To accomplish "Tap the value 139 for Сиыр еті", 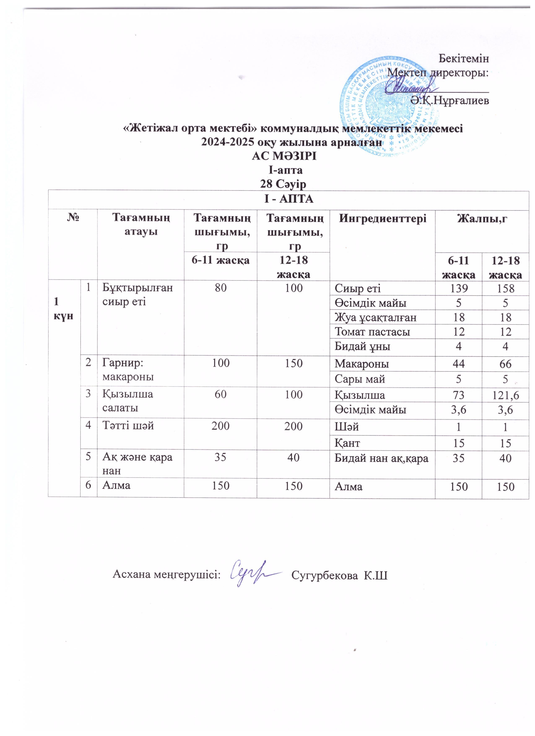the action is point(458,288).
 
